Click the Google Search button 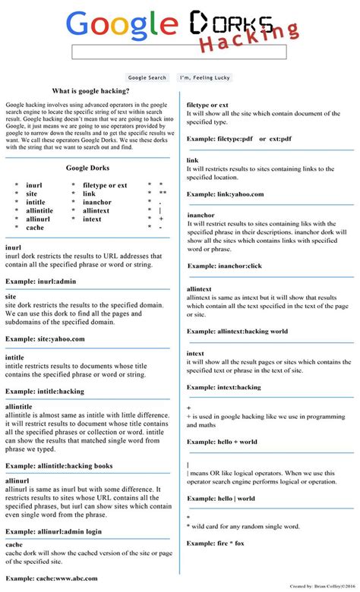(147, 77)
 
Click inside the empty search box (179, 52)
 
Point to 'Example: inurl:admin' (42, 281)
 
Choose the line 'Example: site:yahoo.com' (45, 339)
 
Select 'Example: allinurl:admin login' (53, 531)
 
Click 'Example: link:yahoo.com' (226, 194)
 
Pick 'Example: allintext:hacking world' (237, 332)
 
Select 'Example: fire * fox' (216, 543)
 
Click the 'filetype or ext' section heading (207, 105)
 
